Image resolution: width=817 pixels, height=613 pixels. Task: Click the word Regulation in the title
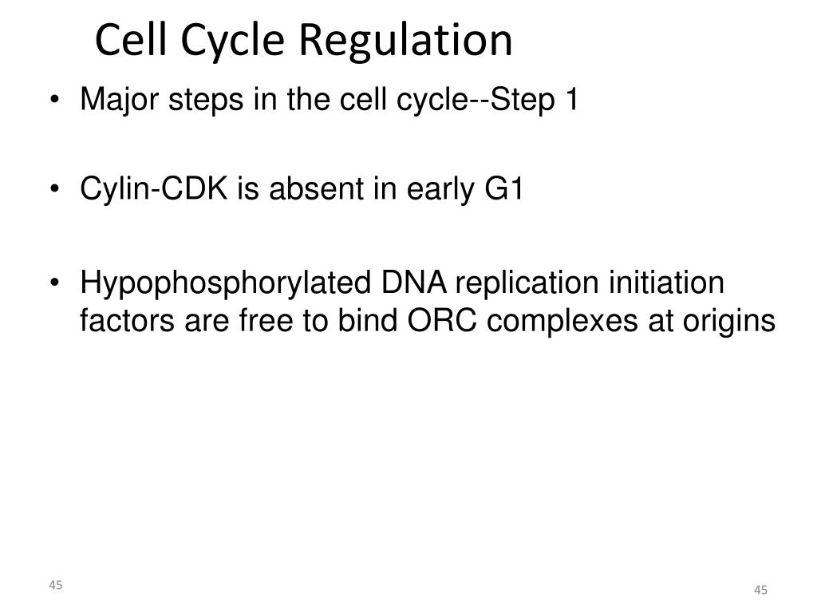pos(406,40)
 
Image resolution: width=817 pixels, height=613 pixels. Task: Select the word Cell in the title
pos(132,40)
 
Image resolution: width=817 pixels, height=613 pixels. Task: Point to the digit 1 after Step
pos(571,99)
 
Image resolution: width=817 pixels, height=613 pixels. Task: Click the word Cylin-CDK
pos(154,188)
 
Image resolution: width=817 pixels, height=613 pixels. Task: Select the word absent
pos(316,188)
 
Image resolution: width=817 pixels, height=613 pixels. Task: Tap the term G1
pos(503,188)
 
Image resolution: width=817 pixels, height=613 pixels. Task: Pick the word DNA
pos(414,283)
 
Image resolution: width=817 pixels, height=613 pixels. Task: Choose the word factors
pos(127,321)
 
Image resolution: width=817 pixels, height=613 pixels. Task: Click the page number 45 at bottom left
pos(56,585)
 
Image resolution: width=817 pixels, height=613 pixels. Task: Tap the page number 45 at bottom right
pos(760,590)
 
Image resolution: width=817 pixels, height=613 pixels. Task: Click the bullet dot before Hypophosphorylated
pos(55,283)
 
